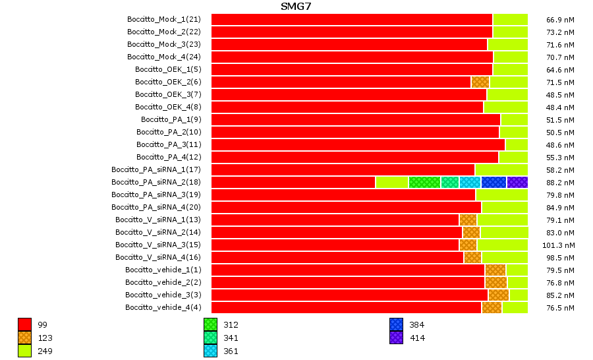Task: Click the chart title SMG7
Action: (x=296, y=7)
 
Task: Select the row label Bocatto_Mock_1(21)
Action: (x=163, y=19)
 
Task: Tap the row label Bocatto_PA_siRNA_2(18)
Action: (x=155, y=182)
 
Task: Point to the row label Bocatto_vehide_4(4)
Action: (x=163, y=307)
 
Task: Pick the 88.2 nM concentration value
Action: (x=560, y=182)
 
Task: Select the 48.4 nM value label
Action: (x=560, y=107)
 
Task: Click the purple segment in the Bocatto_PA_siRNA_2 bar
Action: (x=517, y=182)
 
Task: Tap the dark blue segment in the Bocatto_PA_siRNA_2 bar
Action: (x=494, y=182)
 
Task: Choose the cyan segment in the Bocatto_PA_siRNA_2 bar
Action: (x=470, y=182)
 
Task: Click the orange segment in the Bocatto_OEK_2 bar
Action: (x=480, y=82)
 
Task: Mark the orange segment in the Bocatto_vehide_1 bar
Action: (x=495, y=270)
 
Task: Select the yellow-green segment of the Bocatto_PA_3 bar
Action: (x=517, y=144)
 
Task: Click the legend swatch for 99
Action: (x=24, y=324)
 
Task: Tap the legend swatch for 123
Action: (x=24, y=338)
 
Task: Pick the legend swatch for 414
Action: (x=396, y=338)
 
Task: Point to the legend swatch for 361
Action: (x=211, y=351)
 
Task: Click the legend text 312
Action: (x=231, y=324)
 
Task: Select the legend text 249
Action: (x=45, y=351)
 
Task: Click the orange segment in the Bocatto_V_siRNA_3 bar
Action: (x=468, y=245)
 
